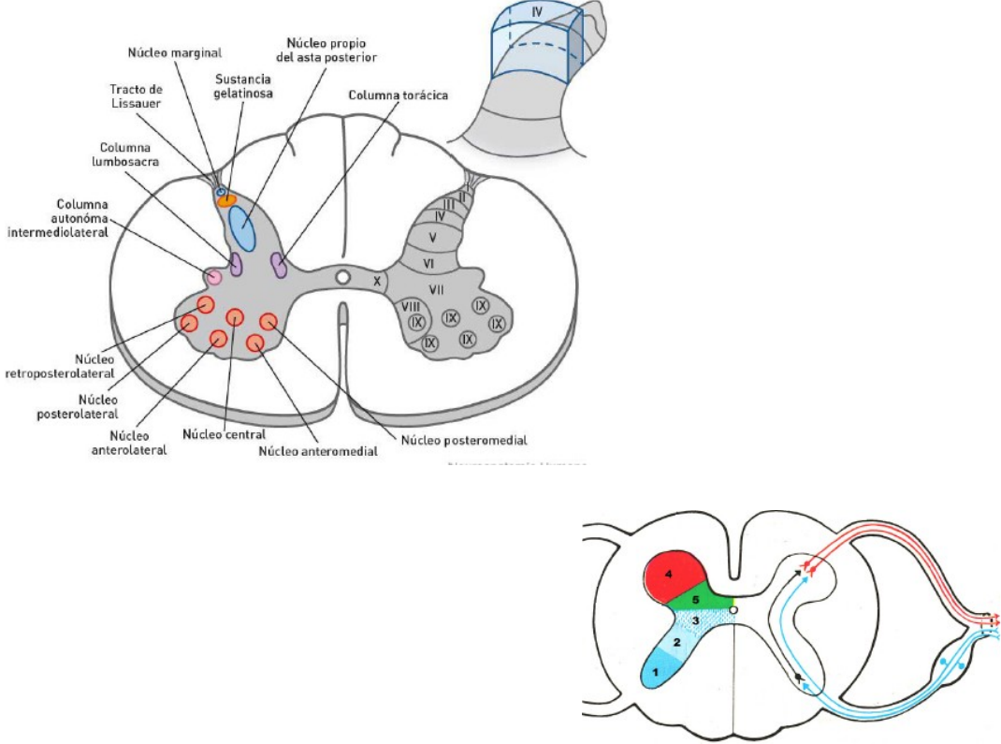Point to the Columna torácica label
399,95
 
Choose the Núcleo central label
225,433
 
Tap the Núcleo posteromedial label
464,439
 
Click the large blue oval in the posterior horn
241,227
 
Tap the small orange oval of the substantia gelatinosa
226,201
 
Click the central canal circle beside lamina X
343,278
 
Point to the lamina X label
377,279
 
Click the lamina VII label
435,289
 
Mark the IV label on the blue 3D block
537,12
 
